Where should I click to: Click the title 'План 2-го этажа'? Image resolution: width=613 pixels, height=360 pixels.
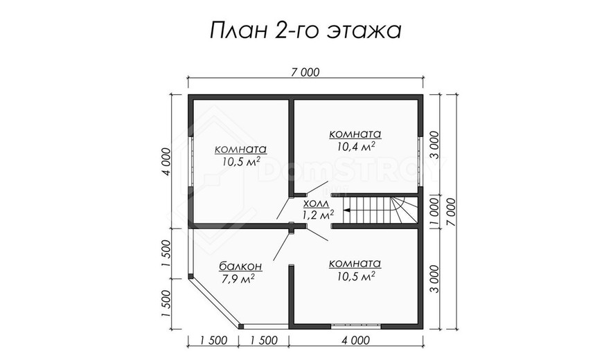click(x=305, y=31)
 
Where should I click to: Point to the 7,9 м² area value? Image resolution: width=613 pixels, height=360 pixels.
click(x=238, y=279)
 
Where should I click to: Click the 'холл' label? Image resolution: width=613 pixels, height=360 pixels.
click(x=317, y=204)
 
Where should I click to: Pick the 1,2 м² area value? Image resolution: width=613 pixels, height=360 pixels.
click(x=317, y=214)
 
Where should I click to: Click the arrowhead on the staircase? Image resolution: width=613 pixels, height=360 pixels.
click(x=346, y=210)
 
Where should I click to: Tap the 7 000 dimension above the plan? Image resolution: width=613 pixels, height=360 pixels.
click(x=305, y=72)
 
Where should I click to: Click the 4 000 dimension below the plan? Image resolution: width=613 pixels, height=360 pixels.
click(x=355, y=341)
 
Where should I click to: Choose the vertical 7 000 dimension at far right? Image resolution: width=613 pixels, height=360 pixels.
click(x=451, y=212)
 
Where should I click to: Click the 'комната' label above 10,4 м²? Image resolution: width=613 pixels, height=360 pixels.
click(x=355, y=134)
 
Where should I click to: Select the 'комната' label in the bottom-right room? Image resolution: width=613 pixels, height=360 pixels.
click(x=355, y=264)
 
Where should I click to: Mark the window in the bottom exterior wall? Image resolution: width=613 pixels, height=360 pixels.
click(x=355, y=326)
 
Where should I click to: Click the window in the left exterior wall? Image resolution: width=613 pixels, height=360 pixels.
click(x=190, y=162)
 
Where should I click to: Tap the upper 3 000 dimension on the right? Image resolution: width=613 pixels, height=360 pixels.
click(x=434, y=145)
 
